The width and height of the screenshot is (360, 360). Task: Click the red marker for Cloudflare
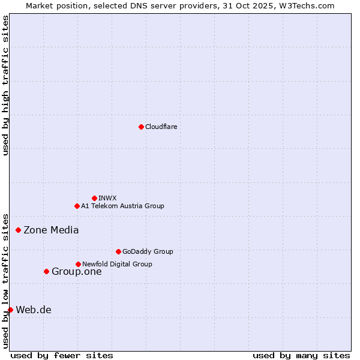(141, 127)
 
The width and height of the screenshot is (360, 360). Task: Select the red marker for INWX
(94, 198)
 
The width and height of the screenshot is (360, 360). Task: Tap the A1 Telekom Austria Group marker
(77, 206)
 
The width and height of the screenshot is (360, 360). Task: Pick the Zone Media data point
(18, 230)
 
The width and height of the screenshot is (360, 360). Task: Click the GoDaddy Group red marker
(118, 251)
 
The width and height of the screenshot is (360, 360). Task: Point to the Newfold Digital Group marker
(78, 264)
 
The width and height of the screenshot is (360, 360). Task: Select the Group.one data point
(46, 271)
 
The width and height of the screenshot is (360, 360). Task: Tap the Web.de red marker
(10, 310)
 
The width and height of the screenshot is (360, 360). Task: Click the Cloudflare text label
(161, 127)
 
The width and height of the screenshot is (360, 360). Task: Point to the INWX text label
(107, 198)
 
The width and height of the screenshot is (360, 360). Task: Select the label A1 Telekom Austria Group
(122, 206)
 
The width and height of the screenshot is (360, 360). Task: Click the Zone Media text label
(51, 230)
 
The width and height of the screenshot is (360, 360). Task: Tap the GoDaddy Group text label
(147, 251)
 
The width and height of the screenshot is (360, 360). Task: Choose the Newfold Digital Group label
(117, 264)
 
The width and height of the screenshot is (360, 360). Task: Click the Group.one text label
(76, 271)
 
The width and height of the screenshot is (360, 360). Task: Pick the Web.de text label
(34, 310)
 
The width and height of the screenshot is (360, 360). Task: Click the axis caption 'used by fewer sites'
(62, 355)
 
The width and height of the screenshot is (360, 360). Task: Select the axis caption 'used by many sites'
(301, 355)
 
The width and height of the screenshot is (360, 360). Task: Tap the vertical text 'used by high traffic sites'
(5, 85)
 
